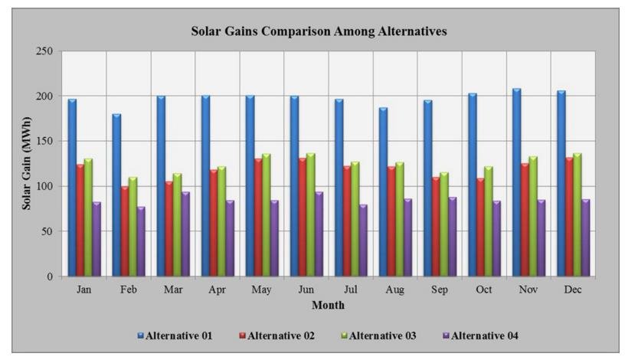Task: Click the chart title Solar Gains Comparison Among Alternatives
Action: click(319, 31)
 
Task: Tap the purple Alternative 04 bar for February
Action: click(141, 241)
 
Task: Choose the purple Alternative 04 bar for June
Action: click(318, 234)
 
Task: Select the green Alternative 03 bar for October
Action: click(487, 221)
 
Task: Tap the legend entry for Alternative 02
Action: click(277, 335)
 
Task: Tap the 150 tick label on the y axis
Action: click(47, 142)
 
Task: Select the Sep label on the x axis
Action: click(439, 291)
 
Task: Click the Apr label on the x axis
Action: click(218, 291)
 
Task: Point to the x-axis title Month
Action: click(327, 306)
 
